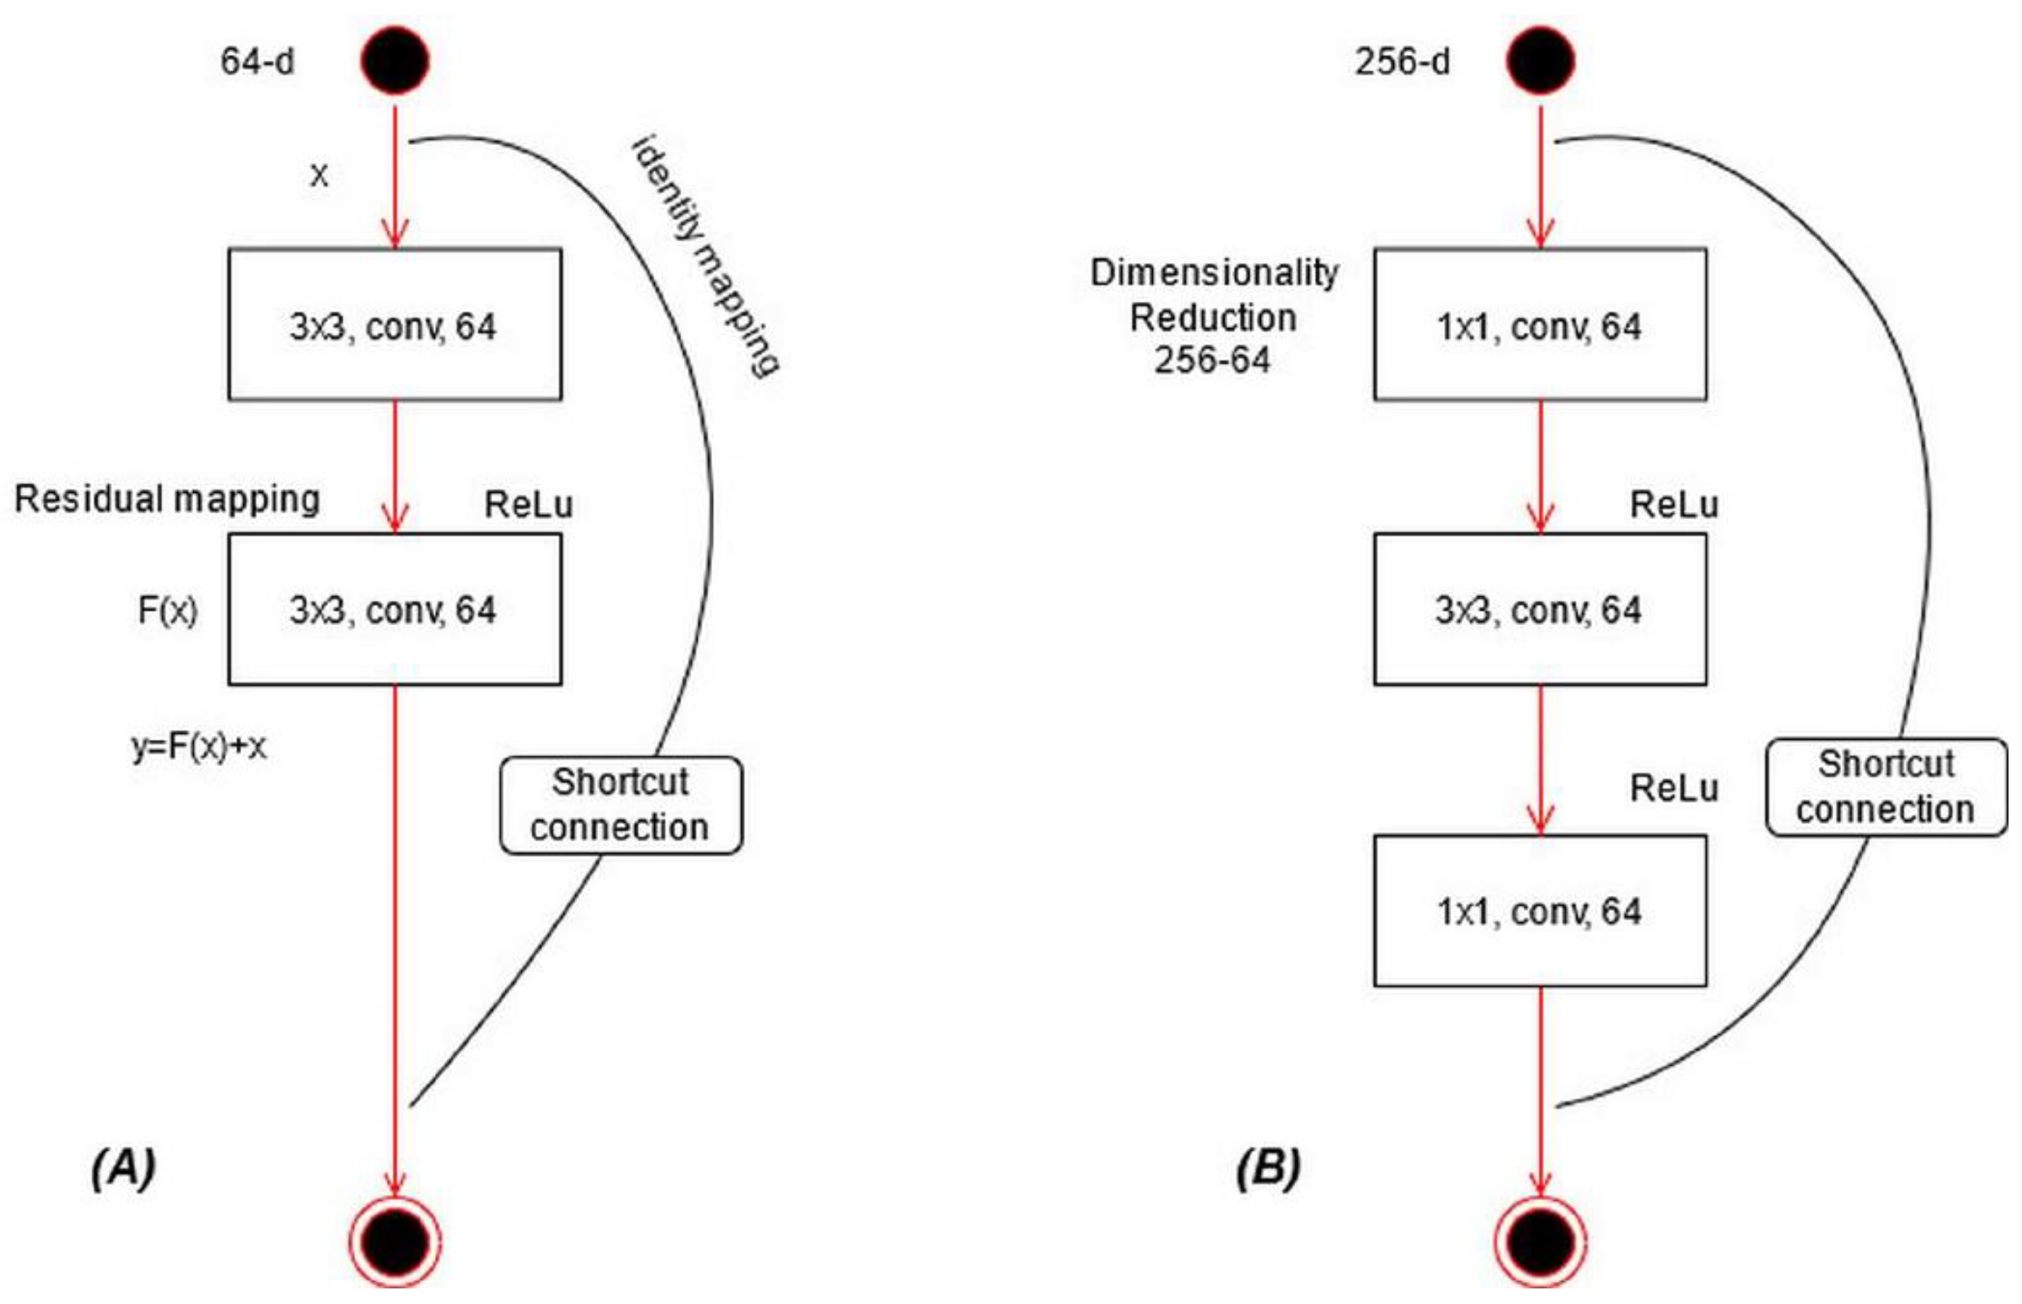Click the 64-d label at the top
click(x=257, y=62)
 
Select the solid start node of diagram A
click(x=395, y=60)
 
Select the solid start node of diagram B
click(x=1540, y=60)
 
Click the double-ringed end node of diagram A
click(x=395, y=1240)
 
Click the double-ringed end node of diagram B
click(x=1540, y=1240)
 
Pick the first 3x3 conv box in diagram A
click(x=395, y=325)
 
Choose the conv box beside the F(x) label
click(x=395, y=609)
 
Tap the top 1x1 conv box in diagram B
click(x=1540, y=325)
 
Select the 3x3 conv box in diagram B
click(x=1540, y=609)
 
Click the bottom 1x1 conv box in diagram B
click(x=1540, y=911)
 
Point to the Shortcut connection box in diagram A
click(x=621, y=805)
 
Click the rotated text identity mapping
click(x=704, y=254)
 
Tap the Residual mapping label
click(x=167, y=499)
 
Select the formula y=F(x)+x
click(x=199, y=746)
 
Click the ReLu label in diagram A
click(x=528, y=506)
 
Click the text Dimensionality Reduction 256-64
click(x=1214, y=317)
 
